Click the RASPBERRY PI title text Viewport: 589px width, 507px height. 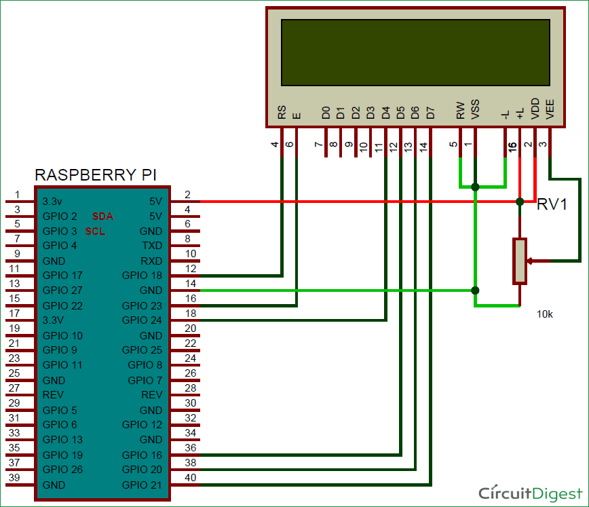[96, 175]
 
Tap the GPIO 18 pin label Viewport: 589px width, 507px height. [142, 276]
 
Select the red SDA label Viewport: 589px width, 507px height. [103, 217]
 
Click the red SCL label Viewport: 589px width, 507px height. [96, 231]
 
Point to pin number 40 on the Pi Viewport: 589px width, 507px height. [191, 478]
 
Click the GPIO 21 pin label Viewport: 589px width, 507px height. [142, 485]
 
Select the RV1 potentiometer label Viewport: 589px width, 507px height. [552, 205]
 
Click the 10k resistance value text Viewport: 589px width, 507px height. [545, 314]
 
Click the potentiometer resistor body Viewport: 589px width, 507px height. [520, 261]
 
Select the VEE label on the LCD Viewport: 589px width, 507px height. [550, 109]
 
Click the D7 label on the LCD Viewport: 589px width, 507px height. [430, 113]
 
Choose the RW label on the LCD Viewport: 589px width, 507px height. [461, 111]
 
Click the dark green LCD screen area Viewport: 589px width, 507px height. [415, 52]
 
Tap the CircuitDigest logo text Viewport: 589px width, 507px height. [530, 493]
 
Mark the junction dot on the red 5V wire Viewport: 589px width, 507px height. [520, 202]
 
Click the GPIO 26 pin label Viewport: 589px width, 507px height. [62, 470]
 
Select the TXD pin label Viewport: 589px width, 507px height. [152, 246]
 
